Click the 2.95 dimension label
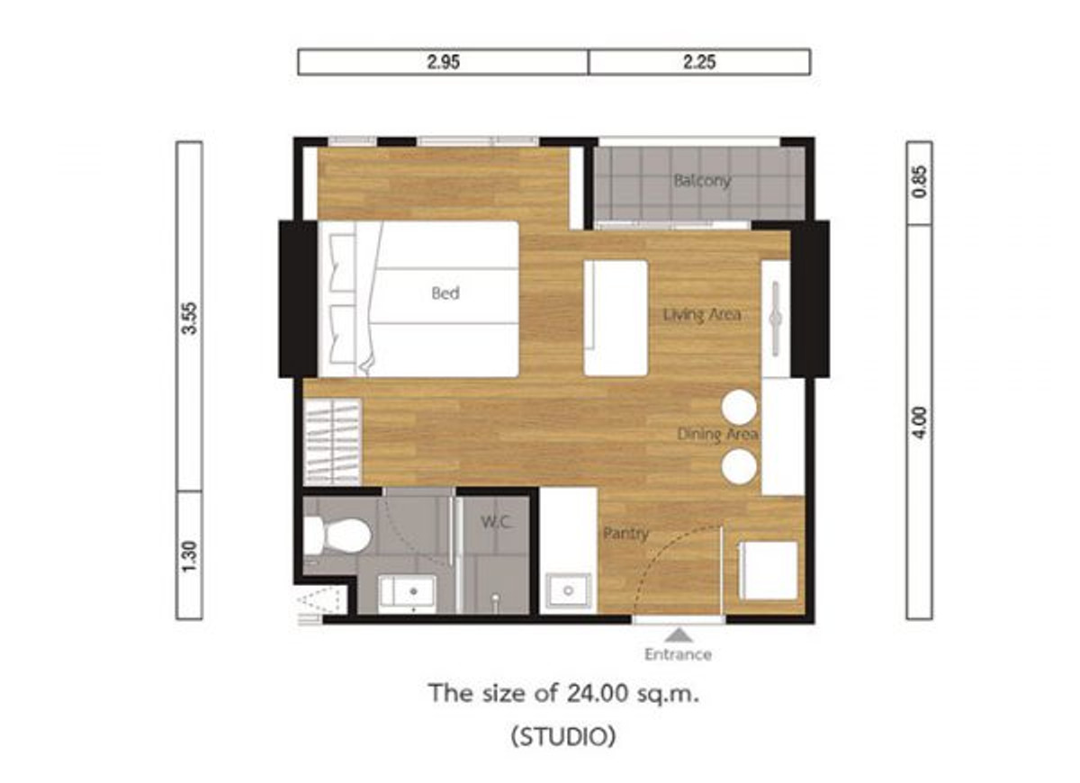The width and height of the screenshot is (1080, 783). click(443, 62)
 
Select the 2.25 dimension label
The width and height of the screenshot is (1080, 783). click(699, 62)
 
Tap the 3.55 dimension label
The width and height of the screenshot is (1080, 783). click(190, 319)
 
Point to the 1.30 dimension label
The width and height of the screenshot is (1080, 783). click(190, 556)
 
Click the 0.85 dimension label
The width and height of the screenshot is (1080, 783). click(920, 182)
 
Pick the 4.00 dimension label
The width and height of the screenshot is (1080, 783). click(920, 423)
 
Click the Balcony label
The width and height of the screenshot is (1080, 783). click(703, 181)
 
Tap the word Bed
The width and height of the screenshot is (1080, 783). click(445, 293)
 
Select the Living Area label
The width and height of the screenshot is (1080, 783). click(702, 315)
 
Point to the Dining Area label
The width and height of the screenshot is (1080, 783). click(717, 435)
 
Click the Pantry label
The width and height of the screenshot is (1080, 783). click(625, 534)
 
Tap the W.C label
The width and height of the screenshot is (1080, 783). click(495, 522)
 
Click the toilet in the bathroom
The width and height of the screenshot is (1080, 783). click(337, 535)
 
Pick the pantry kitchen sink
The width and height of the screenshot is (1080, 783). click(569, 590)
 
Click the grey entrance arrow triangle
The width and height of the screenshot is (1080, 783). click(679, 635)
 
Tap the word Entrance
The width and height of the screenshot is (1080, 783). click(679, 654)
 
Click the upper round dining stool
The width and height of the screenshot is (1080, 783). click(739, 408)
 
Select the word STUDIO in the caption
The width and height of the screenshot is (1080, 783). click(563, 736)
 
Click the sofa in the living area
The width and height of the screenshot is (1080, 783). click(616, 318)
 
